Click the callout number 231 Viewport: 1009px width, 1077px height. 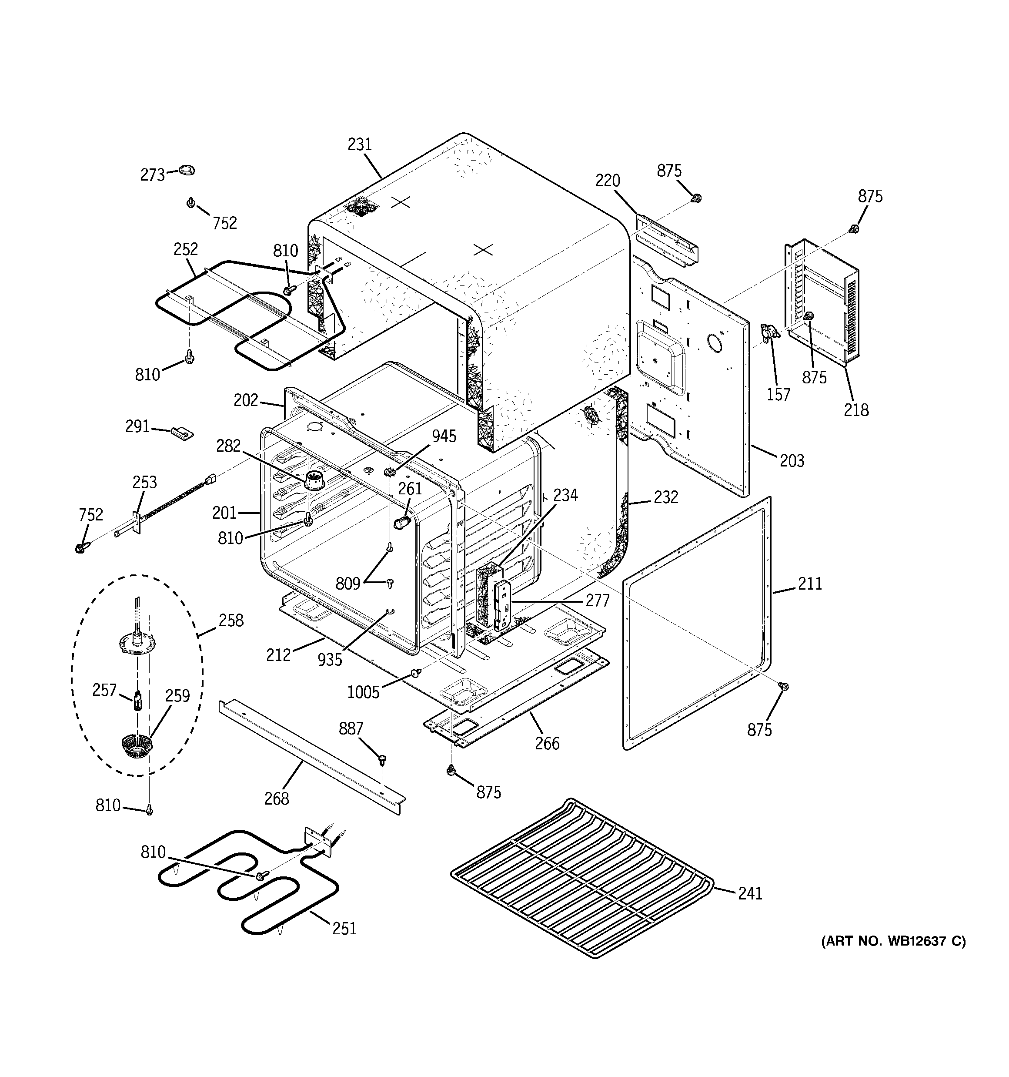(x=360, y=144)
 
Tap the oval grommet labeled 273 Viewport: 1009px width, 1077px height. (x=186, y=170)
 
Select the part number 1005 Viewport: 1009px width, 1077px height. (x=363, y=692)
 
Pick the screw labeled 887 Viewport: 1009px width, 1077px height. (x=382, y=759)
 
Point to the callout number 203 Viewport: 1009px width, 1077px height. (x=792, y=460)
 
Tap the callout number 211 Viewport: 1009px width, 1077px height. (x=810, y=584)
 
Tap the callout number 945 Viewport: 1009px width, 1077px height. (x=444, y=436)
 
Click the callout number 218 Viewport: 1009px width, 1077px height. (x=856, y=409)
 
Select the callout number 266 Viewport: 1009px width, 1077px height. (x=547, y=743)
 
